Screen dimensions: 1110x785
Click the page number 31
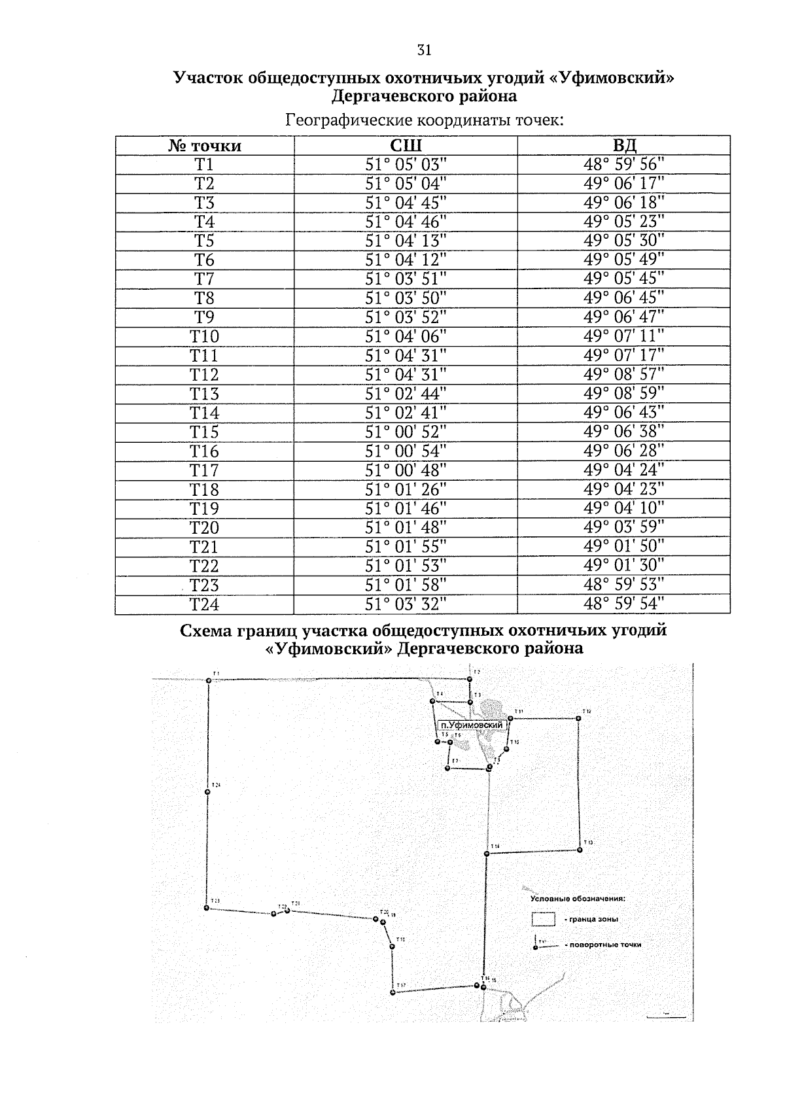(424, 50)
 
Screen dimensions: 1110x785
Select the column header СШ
(406, 145)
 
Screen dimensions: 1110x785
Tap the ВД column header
(623, 145)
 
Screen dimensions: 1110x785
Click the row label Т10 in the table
(204, 336)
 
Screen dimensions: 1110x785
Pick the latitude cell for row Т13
(406, 394)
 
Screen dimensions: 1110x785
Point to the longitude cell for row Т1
(623, 164)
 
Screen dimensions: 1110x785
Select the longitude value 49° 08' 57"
(623, 375)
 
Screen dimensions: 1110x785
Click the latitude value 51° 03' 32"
(406, 604)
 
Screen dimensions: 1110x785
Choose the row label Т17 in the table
(204, 470)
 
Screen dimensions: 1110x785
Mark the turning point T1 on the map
(209, 680)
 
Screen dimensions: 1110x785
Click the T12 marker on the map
(578, 718)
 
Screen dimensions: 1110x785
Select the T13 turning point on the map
(580, 850)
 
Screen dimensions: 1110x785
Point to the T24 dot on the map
(207, 792)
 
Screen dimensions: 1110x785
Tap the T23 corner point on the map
(206, 908)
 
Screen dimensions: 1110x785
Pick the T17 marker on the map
(392, 993)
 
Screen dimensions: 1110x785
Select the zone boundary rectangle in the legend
(543, 919)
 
